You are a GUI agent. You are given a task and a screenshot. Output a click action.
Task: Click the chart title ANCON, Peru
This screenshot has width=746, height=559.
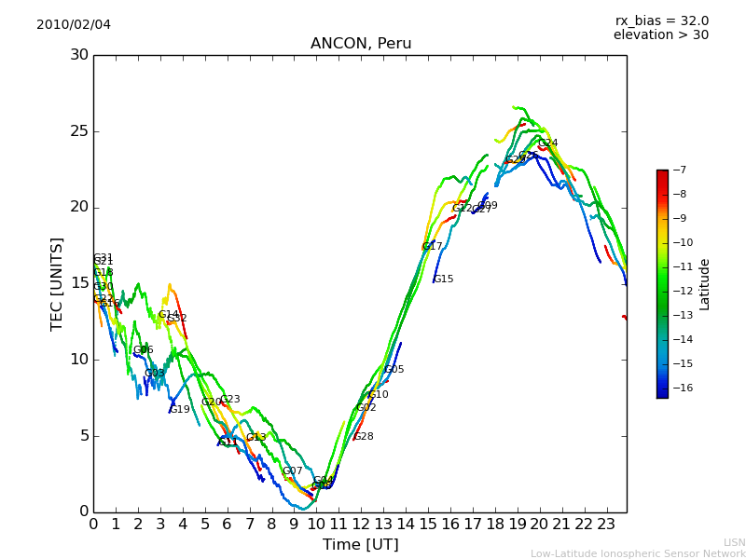point(361,44)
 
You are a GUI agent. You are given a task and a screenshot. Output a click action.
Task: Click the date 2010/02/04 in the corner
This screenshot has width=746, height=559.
point(74,24)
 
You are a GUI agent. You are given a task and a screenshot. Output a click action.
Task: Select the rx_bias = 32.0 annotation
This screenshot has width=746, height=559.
point(661,20)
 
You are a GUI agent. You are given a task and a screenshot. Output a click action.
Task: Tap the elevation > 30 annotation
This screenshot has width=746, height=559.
point(660,35)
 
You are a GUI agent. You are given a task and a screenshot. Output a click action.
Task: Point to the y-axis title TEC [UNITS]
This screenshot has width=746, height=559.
point(57,283)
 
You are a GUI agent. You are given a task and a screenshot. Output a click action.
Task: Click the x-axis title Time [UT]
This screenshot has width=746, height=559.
point(360,544)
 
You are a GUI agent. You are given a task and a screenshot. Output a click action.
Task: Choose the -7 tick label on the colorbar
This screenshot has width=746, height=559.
point(679,170)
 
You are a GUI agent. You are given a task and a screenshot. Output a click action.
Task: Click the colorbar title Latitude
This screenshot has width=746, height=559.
point(705,284)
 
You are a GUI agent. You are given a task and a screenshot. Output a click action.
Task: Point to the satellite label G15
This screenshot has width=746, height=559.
point(443,279)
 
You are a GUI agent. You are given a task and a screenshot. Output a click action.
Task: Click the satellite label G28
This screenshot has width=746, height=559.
point(363,436)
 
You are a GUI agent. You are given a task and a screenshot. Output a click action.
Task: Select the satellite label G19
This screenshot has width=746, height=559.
point(179,409)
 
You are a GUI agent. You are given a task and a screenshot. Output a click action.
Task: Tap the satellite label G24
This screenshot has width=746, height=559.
point(547,143)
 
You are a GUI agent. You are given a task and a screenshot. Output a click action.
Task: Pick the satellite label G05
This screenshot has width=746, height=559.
point(394,369)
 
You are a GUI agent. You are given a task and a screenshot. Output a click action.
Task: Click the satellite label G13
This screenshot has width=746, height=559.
point(256,437)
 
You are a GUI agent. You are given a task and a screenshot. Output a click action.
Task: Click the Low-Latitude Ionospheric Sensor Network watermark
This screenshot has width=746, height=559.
point(638,553)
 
